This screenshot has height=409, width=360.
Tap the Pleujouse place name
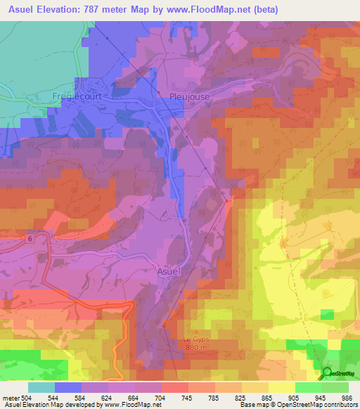(x=189, y=98)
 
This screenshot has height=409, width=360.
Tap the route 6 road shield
(x=30, y=239)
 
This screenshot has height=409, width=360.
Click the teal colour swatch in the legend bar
(x=41, y=387)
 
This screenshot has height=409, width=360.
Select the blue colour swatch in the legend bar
(x=68, y=387)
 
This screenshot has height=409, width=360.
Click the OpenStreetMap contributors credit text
(x=309, y=405)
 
